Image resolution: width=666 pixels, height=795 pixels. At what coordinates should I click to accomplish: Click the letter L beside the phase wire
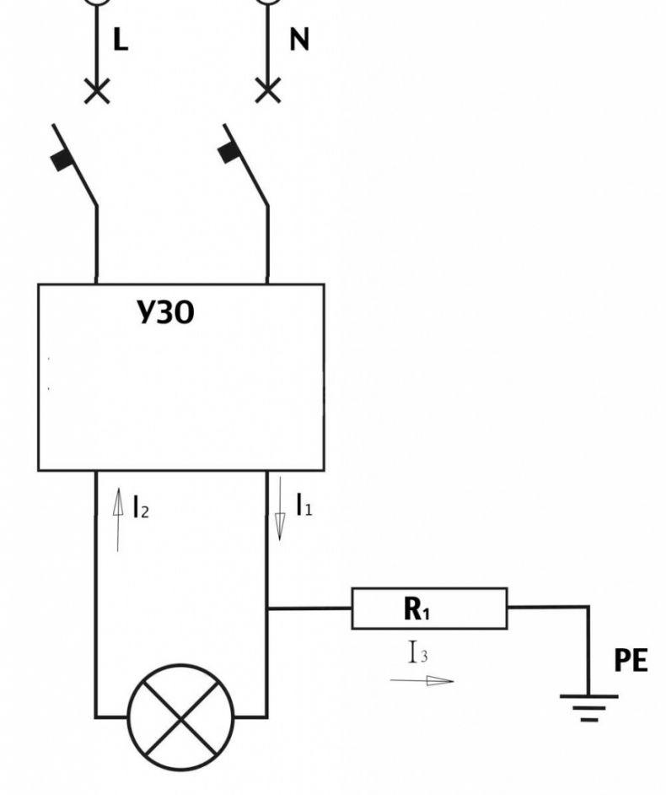click(x=121, y=39)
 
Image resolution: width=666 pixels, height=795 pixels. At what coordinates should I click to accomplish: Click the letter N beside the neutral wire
click(x=299, y=39)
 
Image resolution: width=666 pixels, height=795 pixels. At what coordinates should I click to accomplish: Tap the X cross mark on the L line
click(x=97, y=91)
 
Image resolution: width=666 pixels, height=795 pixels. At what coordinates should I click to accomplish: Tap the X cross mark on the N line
click(x=268, y=91)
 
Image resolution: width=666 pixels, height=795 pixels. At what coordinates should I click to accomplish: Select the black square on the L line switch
click(x=62, y=160)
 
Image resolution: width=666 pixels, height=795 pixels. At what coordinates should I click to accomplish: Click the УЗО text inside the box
click(x=165, y=312)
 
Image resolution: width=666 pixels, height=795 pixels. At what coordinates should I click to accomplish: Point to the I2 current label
click(x=141, y=506)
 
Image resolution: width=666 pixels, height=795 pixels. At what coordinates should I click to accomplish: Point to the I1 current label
click(x=303, y=505)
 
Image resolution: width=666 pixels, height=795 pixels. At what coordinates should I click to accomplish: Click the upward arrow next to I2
click(x=117, y=520)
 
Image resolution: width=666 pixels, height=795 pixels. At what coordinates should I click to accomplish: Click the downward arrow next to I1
click(x=280, y=509)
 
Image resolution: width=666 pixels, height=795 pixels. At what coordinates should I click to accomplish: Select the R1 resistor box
click(x=429, y=608)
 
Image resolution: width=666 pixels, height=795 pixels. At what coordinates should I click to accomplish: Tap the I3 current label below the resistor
click(x=418, y=652)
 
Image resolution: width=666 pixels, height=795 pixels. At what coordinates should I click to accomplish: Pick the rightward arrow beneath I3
click(x=422, y=680)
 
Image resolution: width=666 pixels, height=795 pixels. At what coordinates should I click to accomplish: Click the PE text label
click(x=631, y=661)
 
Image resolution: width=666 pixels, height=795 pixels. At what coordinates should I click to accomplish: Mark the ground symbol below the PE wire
click(x=589, y=708)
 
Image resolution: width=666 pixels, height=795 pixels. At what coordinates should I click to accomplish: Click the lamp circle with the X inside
click(x=180, y=717)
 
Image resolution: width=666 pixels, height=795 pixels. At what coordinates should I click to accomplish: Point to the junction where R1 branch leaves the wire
click(x=267, y=608)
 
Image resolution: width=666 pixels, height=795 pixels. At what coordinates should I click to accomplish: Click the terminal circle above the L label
click(x=97, y=2)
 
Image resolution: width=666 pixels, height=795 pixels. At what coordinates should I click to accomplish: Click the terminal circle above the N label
click(x=268, y=2)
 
